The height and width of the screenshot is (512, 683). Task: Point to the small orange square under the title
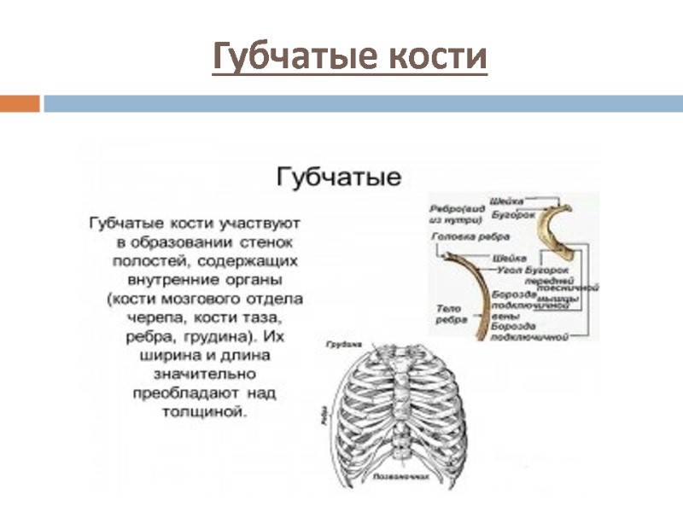(20, 103)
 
